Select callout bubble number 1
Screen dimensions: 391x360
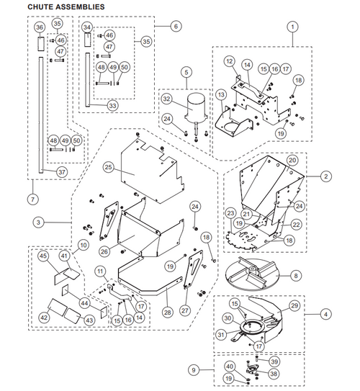click(292, 27)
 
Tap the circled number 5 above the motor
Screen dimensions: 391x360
click(186, 72)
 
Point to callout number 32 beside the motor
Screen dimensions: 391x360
click(166, 99)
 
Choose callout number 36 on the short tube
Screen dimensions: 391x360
click(40, 27)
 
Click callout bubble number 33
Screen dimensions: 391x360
click(112, 105)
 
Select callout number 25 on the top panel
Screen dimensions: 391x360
click(109, 167)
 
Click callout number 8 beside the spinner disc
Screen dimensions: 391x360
click(296, 274)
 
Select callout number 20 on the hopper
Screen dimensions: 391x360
click(292, 159)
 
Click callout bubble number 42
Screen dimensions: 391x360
click(43, 317)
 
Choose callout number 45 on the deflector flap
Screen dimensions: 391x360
click(43, 256)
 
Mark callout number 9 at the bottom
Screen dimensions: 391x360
click(193, 370)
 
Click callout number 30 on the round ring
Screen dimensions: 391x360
click(227, 318)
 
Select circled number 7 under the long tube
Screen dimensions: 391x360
click(33, 198)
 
